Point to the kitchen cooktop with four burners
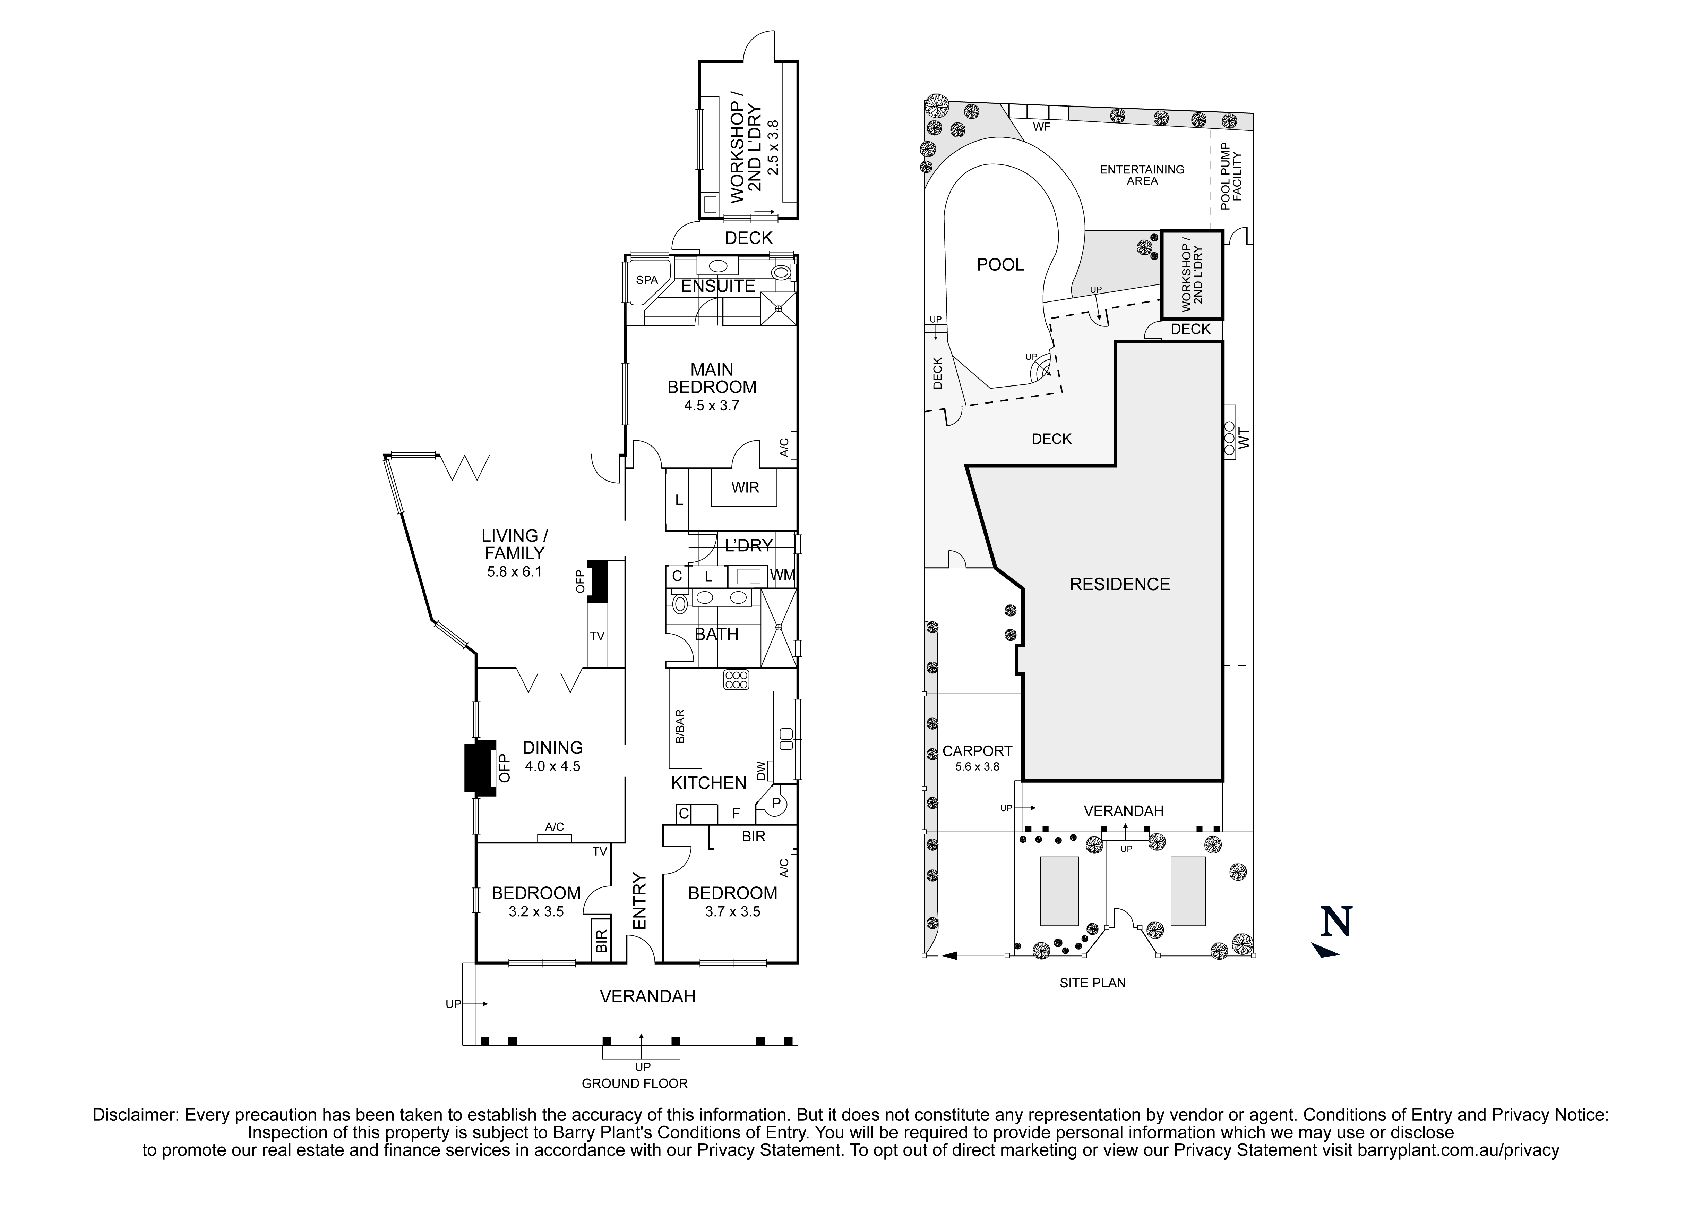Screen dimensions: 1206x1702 pyautogui.click(x=736, y=679)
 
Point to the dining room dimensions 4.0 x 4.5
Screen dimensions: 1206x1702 pyautogui.click(x=552, y=766)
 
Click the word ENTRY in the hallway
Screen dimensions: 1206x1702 pyautogui.click(x=640, y=901)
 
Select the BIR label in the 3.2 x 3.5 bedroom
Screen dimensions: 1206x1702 pyautogui.click(x=601, y=941)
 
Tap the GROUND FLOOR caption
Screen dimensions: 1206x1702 pyautogui.click(x=635, y=1084)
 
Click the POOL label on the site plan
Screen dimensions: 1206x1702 pyautogui.click(x=1000, y=264)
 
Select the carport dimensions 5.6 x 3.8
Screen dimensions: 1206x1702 pyautogui.click(x=977, y=766)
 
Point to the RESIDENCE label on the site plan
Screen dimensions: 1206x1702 pyautogui.click(x=1119, y=584)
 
